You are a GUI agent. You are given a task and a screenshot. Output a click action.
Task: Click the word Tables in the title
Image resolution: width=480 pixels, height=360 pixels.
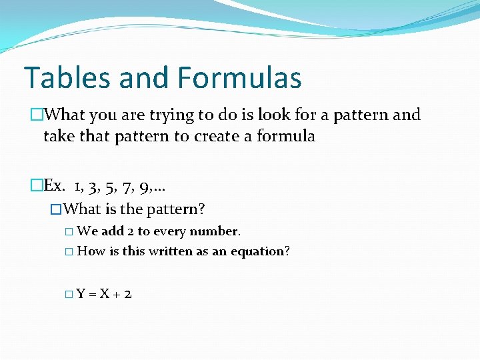(66, 77)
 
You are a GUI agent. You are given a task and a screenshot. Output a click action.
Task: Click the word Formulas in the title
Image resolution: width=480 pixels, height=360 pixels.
(240, 77)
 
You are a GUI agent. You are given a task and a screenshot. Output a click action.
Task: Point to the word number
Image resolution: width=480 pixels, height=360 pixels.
(214, 231)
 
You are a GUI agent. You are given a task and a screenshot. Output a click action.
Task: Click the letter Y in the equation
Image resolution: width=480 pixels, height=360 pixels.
(80, 293)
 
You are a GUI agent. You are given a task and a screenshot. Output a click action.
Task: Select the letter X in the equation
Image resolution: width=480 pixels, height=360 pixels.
(104, 293)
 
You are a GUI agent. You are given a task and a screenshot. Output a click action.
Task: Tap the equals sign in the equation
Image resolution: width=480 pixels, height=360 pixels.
(92, 293)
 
